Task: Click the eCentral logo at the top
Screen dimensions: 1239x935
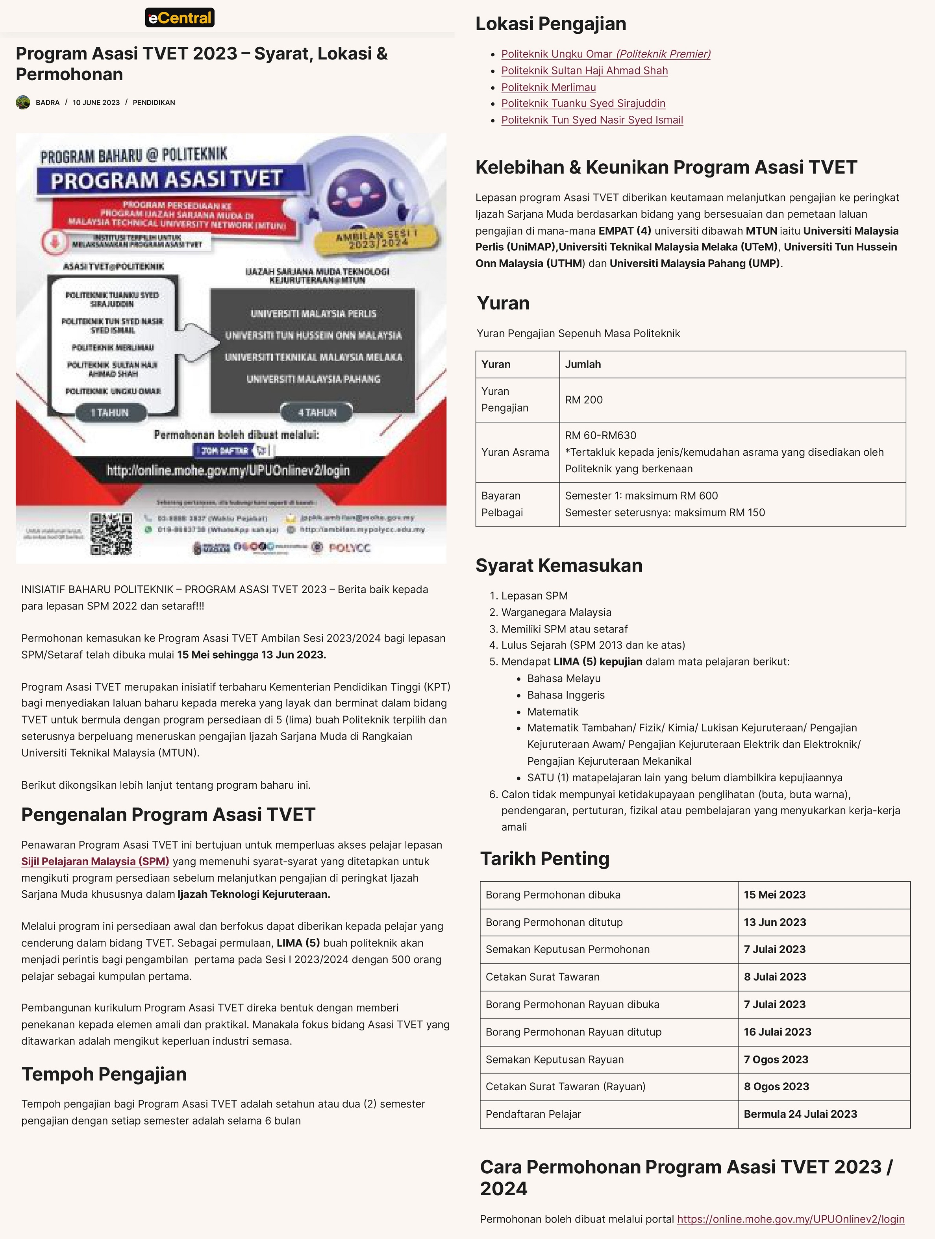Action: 179,18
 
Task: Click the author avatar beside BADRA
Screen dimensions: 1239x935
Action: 23,102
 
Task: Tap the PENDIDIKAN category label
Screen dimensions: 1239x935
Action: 154,102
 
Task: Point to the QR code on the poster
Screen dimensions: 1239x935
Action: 111,533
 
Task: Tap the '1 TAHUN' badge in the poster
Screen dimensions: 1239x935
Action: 110,412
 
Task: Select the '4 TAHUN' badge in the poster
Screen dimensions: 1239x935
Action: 317,412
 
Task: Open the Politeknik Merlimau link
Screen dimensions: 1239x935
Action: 548,87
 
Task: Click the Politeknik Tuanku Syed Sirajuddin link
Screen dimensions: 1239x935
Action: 583,103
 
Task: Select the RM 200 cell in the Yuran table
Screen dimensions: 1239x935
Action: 584,400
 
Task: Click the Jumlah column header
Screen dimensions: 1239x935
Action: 583,364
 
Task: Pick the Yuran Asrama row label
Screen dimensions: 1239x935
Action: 515,452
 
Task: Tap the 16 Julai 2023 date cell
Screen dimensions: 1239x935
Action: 777,1032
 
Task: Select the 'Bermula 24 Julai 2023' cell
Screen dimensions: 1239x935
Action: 800,1114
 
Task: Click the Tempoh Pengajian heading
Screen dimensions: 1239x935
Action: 104,1074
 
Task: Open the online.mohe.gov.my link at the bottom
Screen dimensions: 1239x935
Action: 791,1219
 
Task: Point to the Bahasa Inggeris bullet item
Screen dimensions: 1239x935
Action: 566,695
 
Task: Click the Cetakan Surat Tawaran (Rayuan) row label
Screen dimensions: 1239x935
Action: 565,1087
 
